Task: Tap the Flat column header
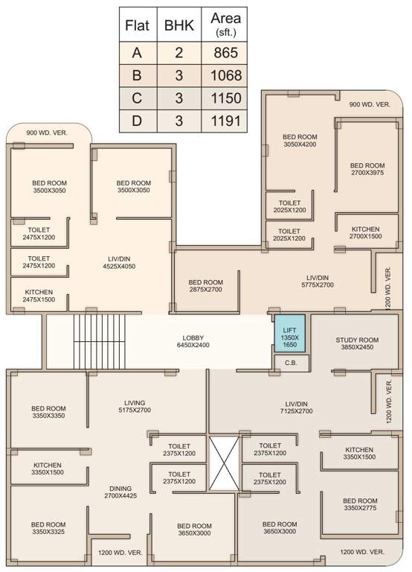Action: point(136,25)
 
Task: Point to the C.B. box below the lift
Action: point(289,362)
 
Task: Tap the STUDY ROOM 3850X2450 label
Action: point(357,344)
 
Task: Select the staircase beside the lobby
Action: point(100,341)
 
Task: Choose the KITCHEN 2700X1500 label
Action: point(364,233)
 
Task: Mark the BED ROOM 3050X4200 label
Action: point(300,142)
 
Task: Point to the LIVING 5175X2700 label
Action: point(134,407)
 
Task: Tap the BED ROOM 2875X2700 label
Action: point(205,286)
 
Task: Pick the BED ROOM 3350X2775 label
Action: point(361,505)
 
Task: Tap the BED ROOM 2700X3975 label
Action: point(367,170)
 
